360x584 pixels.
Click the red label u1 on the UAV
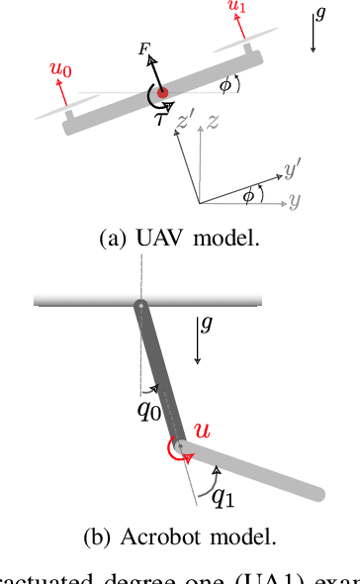coord(236,8)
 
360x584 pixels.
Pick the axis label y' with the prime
coord(291,171)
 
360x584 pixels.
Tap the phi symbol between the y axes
coord(247,195)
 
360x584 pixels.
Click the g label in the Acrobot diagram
coord(205,323)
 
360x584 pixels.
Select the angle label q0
coord(147,410)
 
